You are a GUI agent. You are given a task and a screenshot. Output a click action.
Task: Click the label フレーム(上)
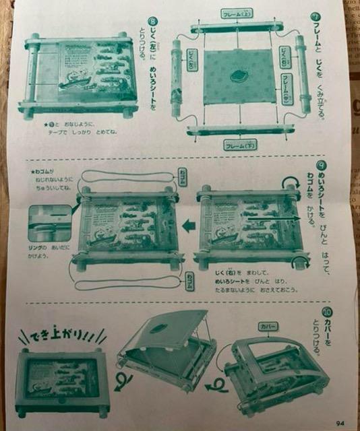click(236, 13)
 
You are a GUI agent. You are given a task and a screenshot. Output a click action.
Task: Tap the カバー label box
click(268, 326)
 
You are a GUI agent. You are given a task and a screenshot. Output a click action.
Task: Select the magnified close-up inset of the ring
click(49, 222)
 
